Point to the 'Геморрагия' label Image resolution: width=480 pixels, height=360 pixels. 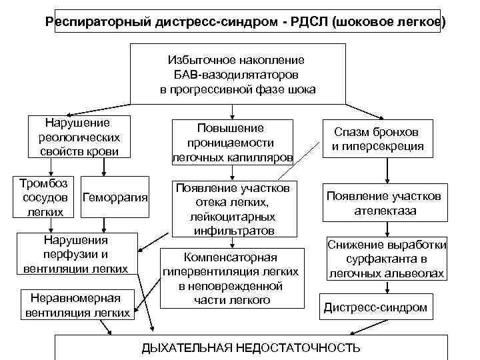(115, 198)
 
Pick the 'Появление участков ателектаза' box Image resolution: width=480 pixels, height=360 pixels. (383, 203)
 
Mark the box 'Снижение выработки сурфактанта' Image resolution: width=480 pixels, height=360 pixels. (387, 259)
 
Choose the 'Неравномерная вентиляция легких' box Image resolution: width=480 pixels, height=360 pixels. (77, 305)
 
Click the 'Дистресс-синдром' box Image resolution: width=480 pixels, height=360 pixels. (375, 307)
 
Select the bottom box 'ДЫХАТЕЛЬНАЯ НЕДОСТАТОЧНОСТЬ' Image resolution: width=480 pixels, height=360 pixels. (252, 347)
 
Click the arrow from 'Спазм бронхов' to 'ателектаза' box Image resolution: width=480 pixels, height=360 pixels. (384, 170)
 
